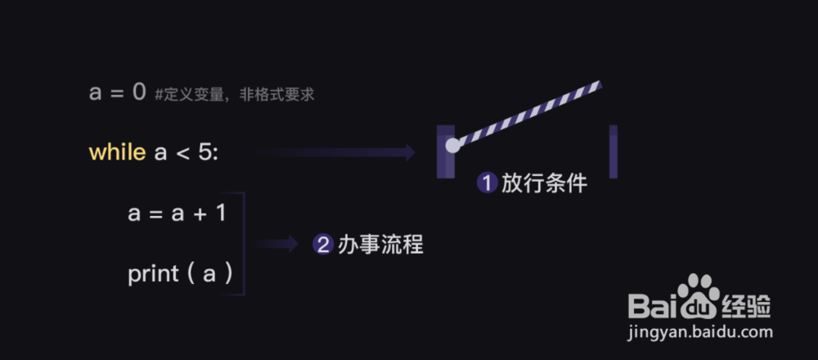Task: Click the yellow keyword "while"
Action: (x=118, y=152)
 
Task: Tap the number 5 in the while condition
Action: (x=204, y=152)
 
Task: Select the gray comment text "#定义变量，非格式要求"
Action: (x=234, y=95)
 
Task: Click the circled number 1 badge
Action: (x=488, y=183)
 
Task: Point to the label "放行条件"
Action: (x=544, y=183)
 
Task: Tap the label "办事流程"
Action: (x=380, y=244)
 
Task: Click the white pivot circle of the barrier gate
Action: (x=452, y=146)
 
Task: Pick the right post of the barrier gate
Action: (x=613, y=152)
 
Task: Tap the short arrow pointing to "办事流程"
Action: (x=276, y=243)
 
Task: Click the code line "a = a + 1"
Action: (x=177, y=214)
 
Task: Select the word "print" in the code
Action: (x=153, y=274)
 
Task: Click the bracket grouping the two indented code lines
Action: (x=243, y=244)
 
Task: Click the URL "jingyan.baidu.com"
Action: (x=701, y=332)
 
